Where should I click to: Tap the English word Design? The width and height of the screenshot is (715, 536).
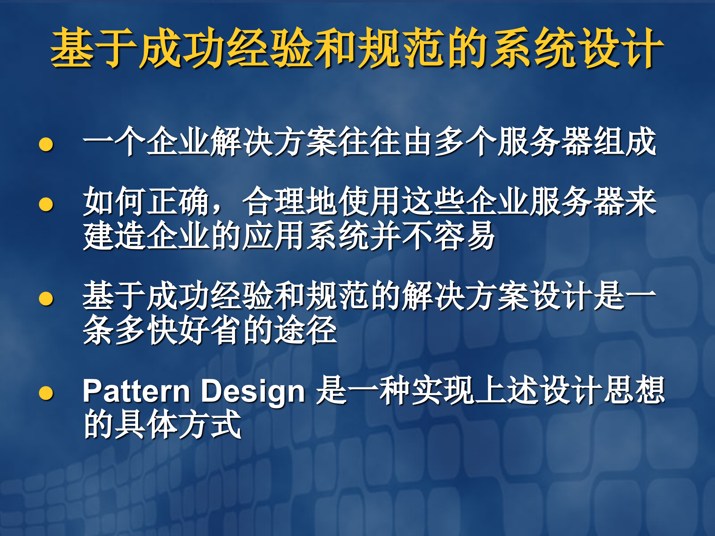point(253,392)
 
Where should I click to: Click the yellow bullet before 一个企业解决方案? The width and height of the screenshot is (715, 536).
point(46,144)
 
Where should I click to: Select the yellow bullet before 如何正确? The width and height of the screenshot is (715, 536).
point(46,204)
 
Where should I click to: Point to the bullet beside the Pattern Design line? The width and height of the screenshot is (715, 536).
point(46,393)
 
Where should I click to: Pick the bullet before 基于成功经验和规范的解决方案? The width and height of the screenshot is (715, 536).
point(46,299)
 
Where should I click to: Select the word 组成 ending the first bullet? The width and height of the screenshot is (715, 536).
point(625,141)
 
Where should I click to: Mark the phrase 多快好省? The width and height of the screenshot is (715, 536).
point(179,331)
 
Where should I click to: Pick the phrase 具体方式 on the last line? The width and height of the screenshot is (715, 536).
point(179,425)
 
